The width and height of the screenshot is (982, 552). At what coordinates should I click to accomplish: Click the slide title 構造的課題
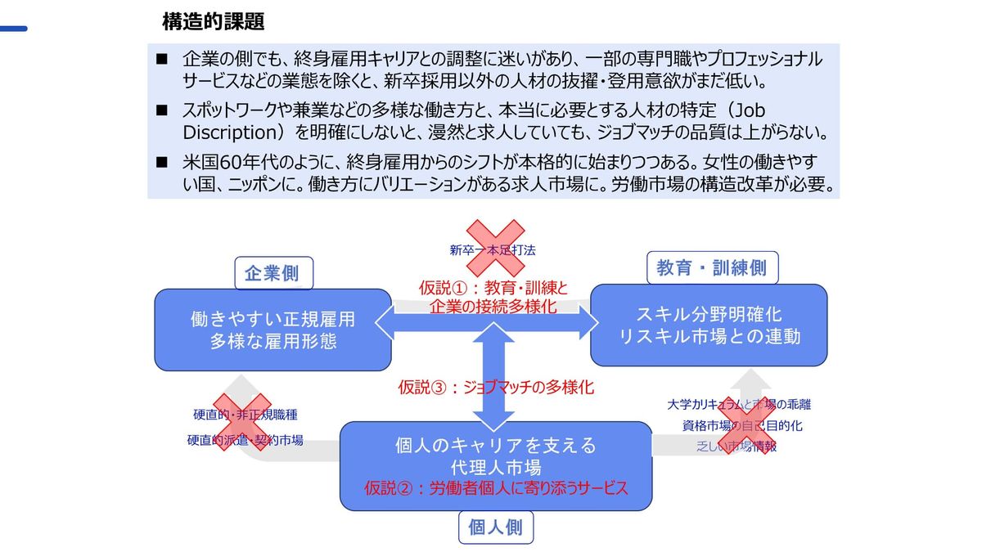pyautogui.click(x=213, y=22)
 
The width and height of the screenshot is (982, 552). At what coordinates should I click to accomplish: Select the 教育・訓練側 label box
pyautogui.click(x=711, y=268)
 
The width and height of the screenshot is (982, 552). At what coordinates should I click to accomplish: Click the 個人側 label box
pyautogui.click(x=495, y=527)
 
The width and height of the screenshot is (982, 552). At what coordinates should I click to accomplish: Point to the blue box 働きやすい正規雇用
pyautogui.click(x=273, y=329)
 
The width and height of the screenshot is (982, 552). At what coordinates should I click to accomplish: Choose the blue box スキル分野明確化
pyautogui.click(x=709, y=325)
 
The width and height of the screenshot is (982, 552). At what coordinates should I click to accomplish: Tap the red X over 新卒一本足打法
pyautogui.click(x=494, y=248)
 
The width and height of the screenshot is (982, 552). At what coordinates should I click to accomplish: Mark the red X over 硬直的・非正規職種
pyautogui.click(x=240, y=421)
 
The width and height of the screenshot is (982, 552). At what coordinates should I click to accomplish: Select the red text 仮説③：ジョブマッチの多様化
pyautogui.click(x=496, y=387)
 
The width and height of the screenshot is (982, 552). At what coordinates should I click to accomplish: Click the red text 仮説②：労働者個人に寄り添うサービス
pyautogui.click(x=496, y=488)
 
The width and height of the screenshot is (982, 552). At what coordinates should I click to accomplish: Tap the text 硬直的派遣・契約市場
pyautogui.click(x=245, y=440)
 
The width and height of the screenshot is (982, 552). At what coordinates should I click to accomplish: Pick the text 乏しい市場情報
pyautogui.click(x=736, y=447)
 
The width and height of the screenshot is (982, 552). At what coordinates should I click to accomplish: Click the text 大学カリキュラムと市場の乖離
pyautogui.click(x=739, y=404)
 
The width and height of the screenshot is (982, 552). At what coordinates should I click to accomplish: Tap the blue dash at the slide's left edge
pyautogui.click(x=13, y=29)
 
